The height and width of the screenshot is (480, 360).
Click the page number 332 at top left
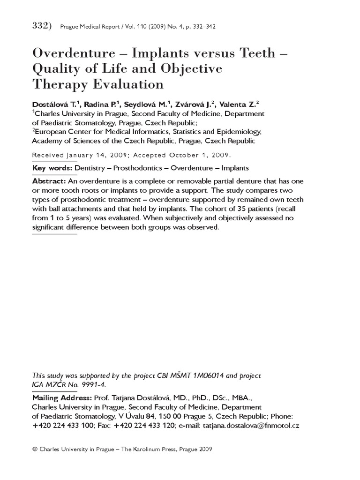pyautogui.click(x=40, y=26)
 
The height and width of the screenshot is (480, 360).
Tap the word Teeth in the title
pyautogui.click(x=254, y=54)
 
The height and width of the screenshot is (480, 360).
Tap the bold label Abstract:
pyautogui.click(x=49, y=181)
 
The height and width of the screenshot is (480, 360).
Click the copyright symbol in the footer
pyautogui.click(x=35, y=449)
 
